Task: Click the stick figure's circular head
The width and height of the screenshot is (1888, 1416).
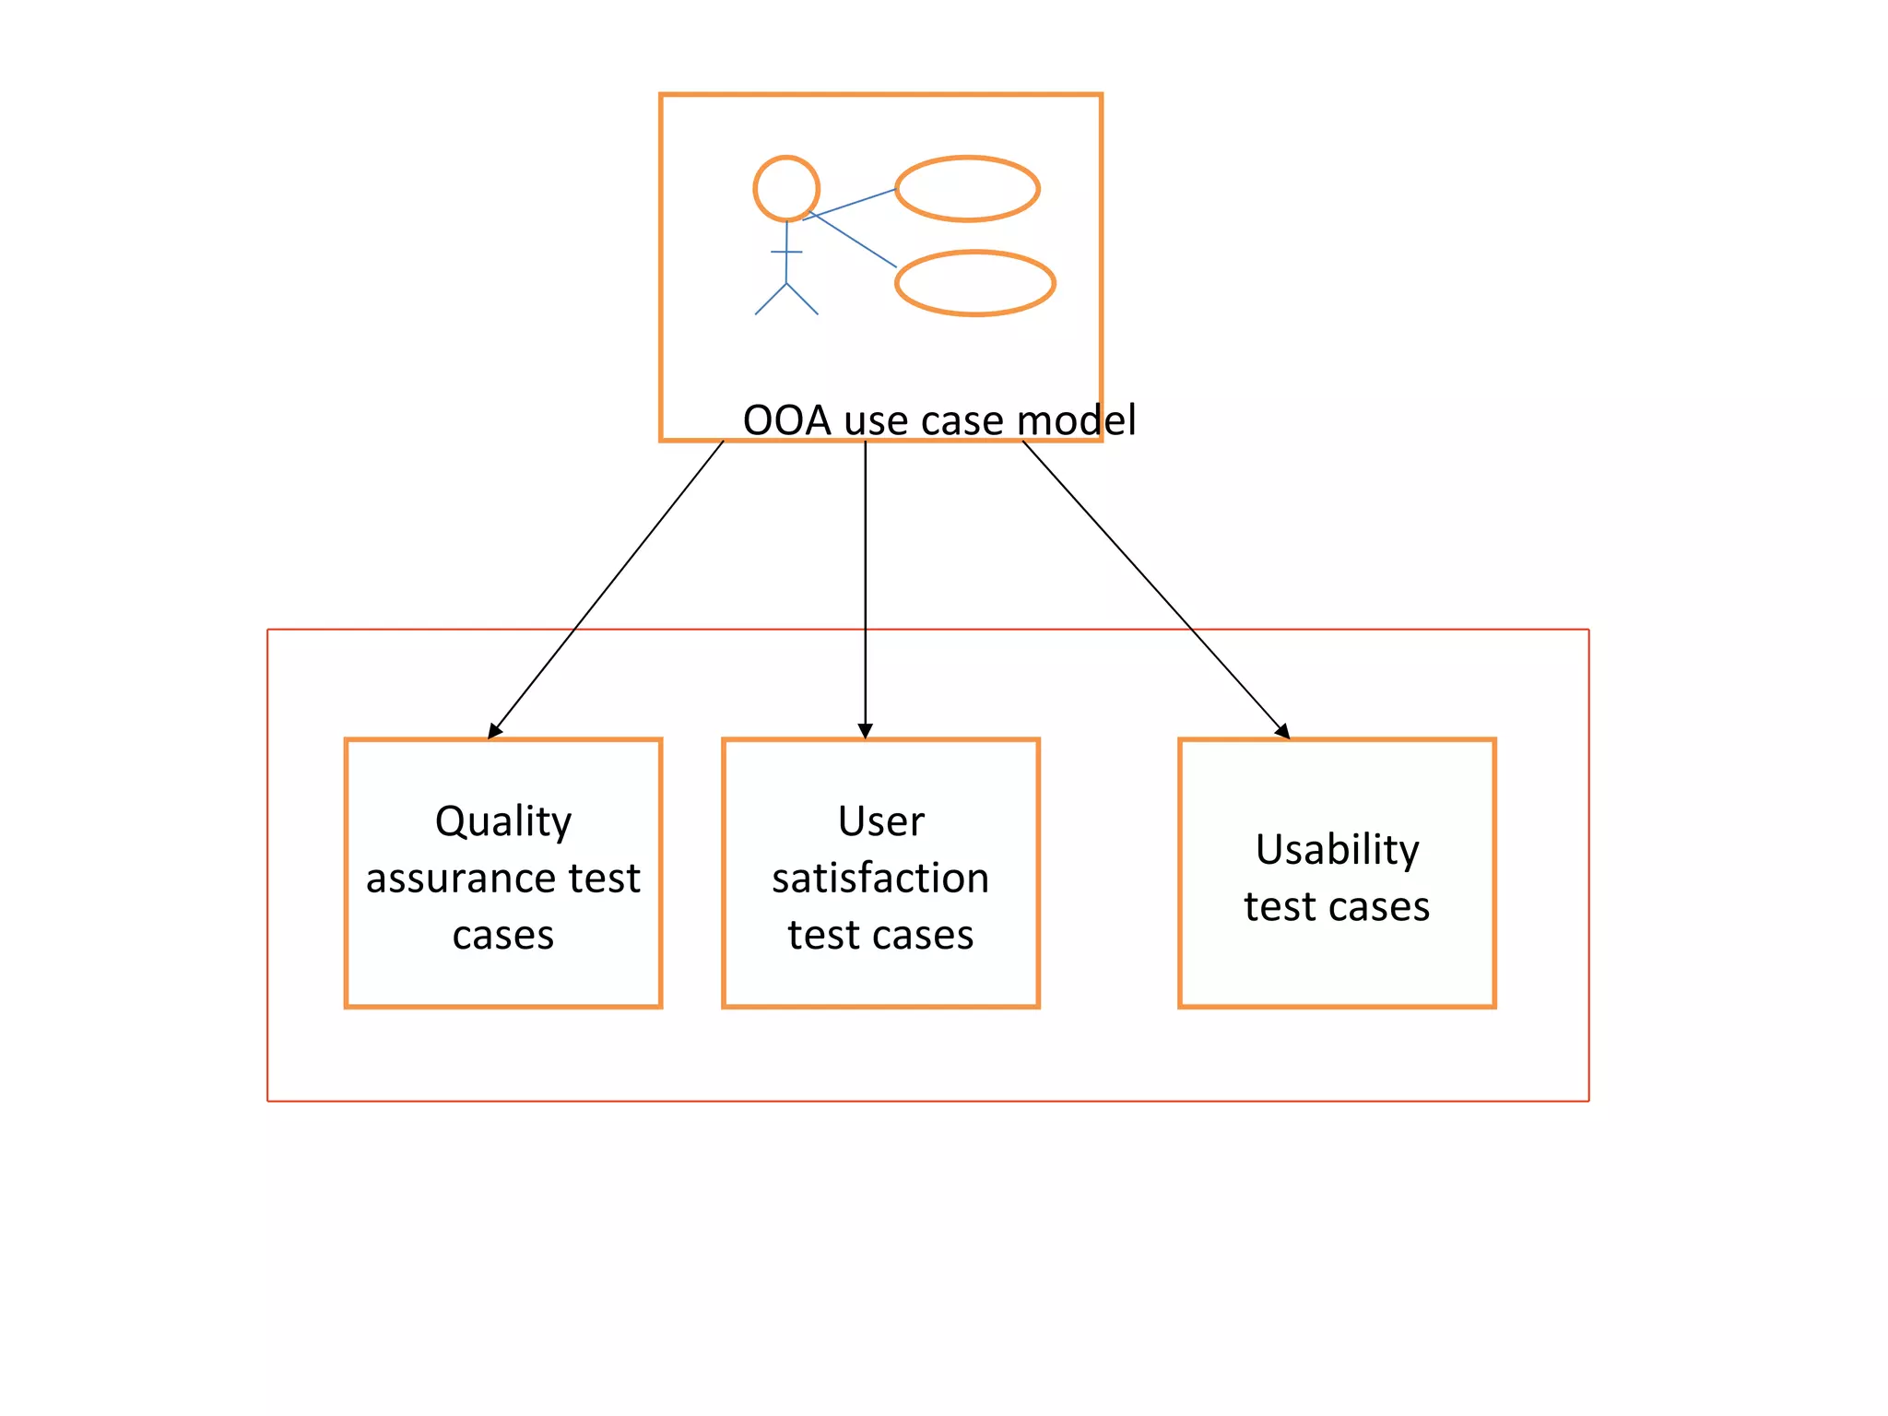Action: click(786, 189)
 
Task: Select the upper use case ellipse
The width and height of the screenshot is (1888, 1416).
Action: click(967, 189)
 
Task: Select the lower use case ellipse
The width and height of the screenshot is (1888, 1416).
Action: click(974, 283)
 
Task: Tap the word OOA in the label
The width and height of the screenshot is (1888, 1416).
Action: click(786, 420)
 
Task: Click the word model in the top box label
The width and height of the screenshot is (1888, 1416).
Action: click(1076, 420)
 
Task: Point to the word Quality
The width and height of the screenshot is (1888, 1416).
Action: click(503, 821)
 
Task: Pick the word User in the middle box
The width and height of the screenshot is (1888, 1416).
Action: click(880, 821)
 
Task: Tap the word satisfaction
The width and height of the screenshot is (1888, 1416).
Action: click(880, 879)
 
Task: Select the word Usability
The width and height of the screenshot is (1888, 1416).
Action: click(1337, 850)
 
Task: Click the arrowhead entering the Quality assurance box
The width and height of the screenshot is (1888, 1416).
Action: click(494, 731)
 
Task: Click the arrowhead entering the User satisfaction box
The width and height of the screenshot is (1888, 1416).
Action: click(865, 731)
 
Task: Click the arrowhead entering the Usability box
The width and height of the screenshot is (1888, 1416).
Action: click(1282, 731)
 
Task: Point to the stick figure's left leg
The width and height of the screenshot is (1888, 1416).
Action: click(771, 300)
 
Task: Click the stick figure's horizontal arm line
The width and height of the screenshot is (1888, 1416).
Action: click(786, 252)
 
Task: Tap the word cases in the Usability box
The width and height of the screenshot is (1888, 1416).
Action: click(1379, 907)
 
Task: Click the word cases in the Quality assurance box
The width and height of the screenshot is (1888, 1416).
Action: click(503, 936)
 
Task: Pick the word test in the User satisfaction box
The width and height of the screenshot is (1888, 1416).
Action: click(823, 936)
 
